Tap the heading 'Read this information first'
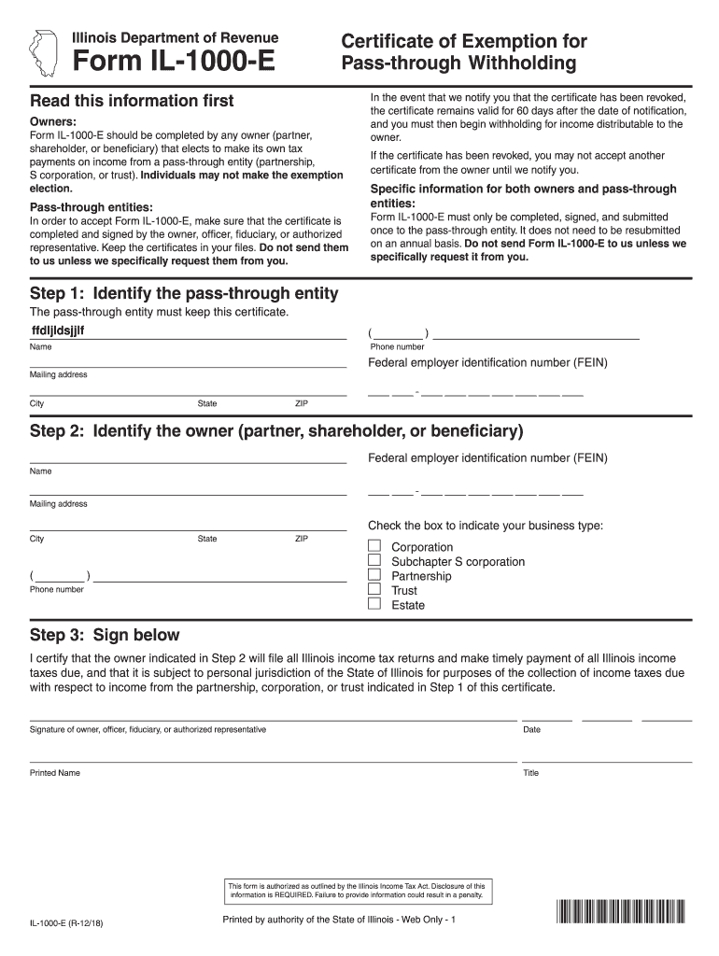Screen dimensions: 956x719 point(132,101)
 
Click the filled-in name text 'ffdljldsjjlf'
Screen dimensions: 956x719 point(63,330)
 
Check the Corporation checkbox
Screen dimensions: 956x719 point(374,546)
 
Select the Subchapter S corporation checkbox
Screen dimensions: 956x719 point(374,560)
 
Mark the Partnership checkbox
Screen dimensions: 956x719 point(374,575)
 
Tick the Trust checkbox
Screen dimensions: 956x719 point(374,589)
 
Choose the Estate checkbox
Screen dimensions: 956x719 point(374,604)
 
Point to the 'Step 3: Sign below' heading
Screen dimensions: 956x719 point(105,635)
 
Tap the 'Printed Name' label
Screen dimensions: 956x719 point(55,773)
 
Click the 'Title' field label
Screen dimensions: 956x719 point(531,773)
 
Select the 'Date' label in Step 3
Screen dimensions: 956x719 point(531,730)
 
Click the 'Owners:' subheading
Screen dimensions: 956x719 point(53,122)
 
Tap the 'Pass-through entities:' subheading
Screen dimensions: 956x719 point(92,206)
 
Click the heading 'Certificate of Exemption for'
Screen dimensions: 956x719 point(464,41)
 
